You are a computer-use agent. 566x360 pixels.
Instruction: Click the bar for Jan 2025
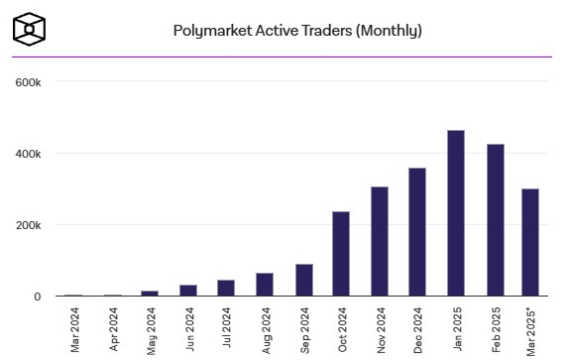455,213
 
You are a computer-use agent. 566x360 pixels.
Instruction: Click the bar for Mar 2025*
530,242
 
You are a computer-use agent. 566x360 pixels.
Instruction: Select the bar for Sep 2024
302,280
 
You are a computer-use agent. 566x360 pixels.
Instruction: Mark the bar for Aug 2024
264,285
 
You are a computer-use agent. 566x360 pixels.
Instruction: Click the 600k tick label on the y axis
27,82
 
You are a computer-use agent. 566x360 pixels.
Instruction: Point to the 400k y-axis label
27,154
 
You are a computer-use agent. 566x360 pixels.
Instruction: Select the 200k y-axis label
27,225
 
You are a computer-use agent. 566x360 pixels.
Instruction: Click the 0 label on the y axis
37,297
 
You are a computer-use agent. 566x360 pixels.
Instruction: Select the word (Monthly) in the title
389,31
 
